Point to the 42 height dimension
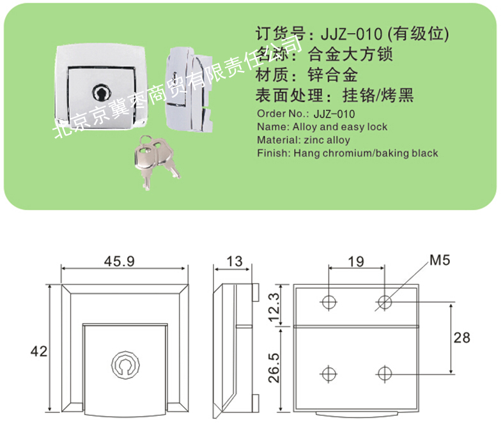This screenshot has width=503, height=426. (39, 350)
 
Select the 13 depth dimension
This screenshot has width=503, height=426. (235, 261)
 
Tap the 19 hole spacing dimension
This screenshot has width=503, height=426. (357, 261)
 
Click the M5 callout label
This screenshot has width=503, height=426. (440, 261)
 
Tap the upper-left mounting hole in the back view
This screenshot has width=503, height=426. (329, 301)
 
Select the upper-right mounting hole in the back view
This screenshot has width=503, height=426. (384, 301)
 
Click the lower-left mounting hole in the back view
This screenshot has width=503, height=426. (329, 373)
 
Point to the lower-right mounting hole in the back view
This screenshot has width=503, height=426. (384, 373)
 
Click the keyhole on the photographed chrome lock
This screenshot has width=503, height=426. (101, 92)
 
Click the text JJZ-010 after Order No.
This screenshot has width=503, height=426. (334, 114)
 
